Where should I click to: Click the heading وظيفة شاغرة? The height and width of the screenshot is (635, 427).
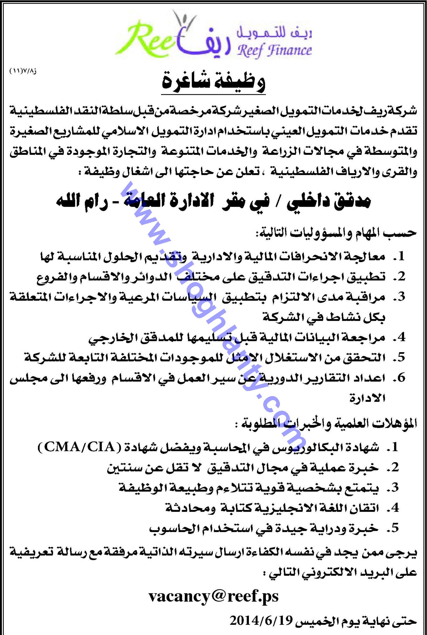(213, 83)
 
